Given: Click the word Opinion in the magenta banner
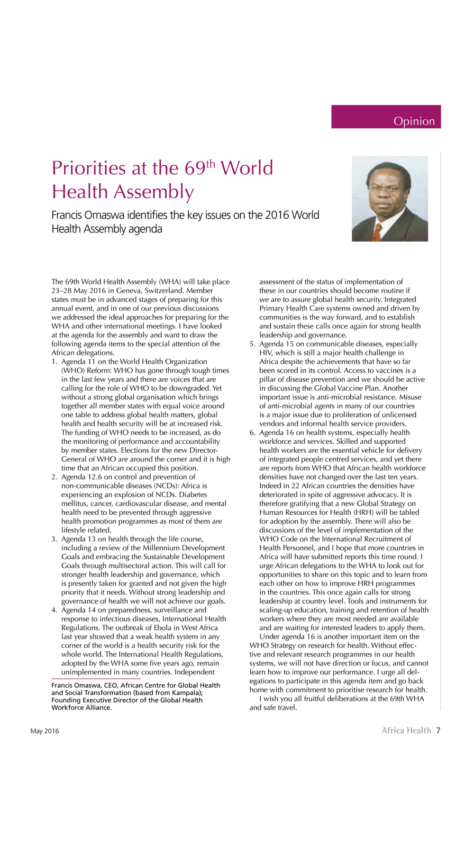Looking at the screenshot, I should pos(414,121).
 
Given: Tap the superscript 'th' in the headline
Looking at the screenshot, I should pos(211,163).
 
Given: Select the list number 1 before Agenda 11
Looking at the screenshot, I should pos(54,362).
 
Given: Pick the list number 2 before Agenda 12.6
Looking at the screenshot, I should pos(54,477).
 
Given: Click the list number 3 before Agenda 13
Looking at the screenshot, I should pos(54,539).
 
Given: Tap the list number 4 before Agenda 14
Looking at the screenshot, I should pos(54,610).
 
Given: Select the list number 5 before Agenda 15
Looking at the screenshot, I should pos(252,344).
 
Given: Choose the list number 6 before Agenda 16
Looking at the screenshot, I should pos(252,432).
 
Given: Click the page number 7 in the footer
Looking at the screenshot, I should pos(438,730).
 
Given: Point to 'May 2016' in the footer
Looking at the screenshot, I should pos(45,731).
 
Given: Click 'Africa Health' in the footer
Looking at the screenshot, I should pos(406,730).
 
